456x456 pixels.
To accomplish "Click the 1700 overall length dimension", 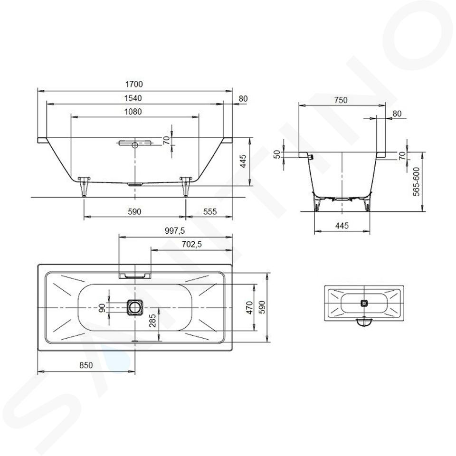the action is click(x=134, y=85).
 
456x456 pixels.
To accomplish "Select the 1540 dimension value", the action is click(x=133, y=98).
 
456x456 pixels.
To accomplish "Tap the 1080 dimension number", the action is click(x=133, y=112).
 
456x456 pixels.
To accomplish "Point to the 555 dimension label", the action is click(x=209, y=212).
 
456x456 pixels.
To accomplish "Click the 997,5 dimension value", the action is click(x=175, y=231).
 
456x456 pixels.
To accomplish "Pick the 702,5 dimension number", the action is click(x=191, y=245).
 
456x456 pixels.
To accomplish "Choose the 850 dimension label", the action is click(x=86, y=365).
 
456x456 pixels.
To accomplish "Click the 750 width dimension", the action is click(x=341, y=100).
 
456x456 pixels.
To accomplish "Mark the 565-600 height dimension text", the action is click(x=417, y=181).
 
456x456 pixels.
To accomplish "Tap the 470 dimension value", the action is click(x=250, y=307).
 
